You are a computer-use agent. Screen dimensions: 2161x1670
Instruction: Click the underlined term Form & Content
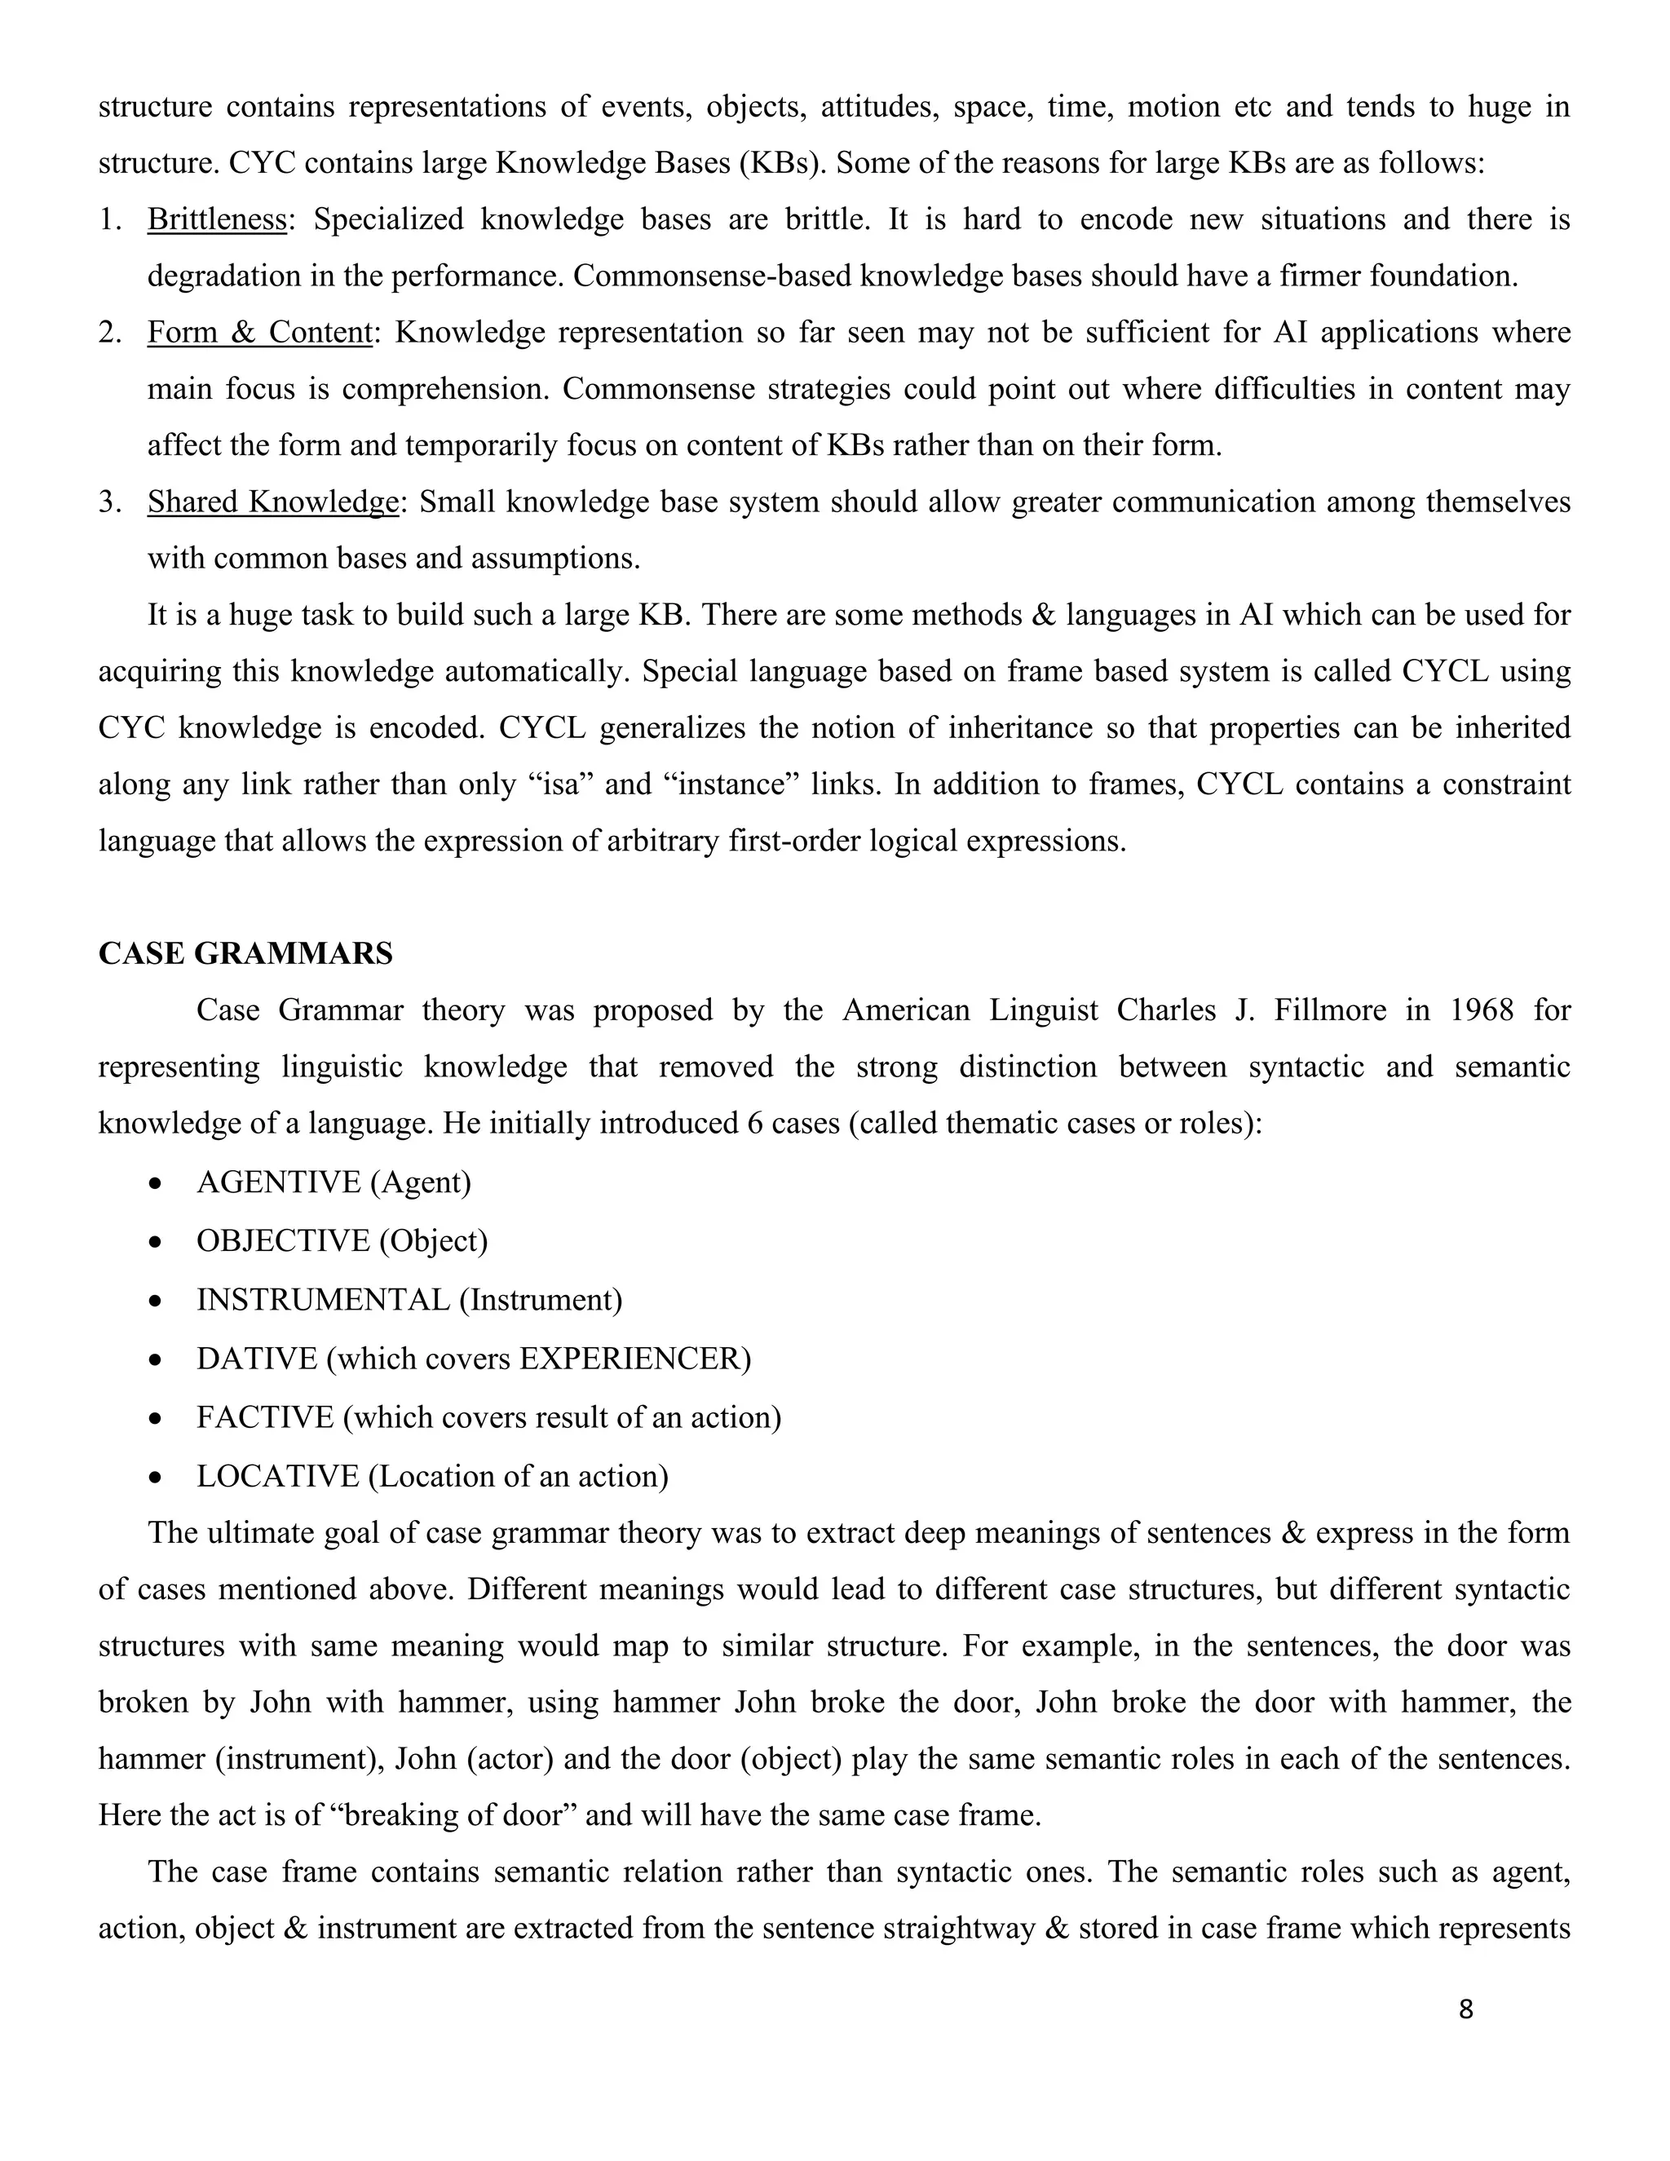[x=259, y=333]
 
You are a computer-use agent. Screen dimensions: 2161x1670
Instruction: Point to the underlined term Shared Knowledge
[x=273, y=502]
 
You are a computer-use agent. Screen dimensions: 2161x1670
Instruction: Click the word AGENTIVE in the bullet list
[x=278, y=1182]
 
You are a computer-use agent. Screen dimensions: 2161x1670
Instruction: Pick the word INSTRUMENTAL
[x=323, y=1300]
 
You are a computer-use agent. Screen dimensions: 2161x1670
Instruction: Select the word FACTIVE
[x=265, y=1418]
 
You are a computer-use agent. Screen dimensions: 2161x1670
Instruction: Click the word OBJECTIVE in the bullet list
[x=283, y=1241]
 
